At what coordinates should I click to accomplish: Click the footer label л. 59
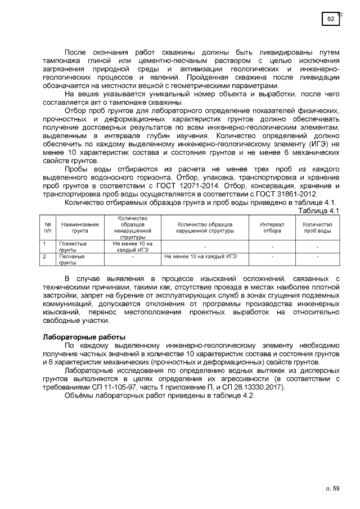(332, 489)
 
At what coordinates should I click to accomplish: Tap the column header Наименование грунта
(80, 227)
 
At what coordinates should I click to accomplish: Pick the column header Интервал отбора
(272, 227)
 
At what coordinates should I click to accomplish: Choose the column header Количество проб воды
(317, 227)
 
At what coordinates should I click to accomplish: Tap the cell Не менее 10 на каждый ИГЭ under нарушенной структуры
(200, 256)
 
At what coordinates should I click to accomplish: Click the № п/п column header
(47, 227)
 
